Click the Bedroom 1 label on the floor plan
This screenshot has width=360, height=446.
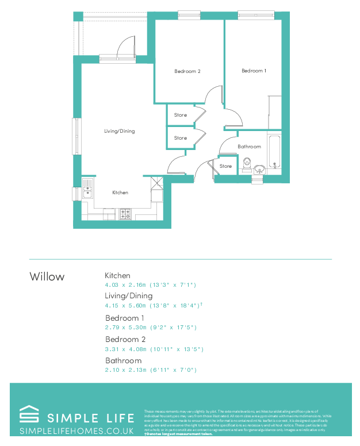point(253,71)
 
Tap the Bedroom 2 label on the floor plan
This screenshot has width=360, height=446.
point(187,71)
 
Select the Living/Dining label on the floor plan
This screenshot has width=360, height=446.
point(119,131)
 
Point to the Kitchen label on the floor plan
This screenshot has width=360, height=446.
point(120,193)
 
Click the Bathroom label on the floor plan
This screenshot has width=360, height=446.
point(249,147)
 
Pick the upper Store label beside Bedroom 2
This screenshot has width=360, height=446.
point(181,115)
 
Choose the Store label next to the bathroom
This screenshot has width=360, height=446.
point(226,166)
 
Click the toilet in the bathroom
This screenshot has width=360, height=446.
point(247,163)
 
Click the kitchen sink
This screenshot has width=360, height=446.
point(87,188)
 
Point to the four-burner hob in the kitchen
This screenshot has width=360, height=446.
point(125,214)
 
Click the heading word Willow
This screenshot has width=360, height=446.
point(47,276)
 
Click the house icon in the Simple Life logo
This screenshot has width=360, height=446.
point(29,415)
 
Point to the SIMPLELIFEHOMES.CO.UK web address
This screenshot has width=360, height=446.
point(76,430)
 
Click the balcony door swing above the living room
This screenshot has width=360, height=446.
point(126,46)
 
